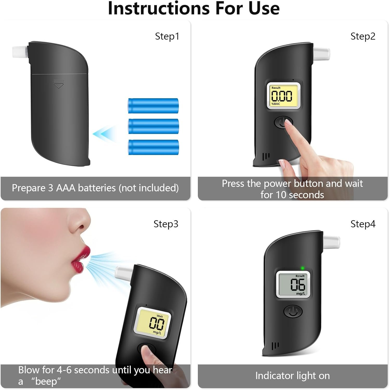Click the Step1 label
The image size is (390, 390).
point(167,36)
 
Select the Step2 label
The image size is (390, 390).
point(363,36)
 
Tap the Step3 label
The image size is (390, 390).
point(166,224)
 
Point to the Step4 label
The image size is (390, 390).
point(363,224)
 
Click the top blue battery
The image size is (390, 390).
point(153,106)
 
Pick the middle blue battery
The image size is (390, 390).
point(153,126)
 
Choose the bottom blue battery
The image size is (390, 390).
point(153,147)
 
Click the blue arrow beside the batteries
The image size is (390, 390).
point(104,134)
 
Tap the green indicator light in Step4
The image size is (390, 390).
point(302,268)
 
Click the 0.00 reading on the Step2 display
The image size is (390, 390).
point(282,96)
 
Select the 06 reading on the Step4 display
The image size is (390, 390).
point(298,284)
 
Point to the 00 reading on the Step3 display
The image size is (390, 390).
point(157,324)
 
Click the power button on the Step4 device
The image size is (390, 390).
point(293,311)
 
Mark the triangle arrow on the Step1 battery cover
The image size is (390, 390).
point(58,84)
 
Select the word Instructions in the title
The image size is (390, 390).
point(159,8)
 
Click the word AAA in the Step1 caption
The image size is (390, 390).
point(66,188)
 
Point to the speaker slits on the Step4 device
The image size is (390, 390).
point(275,346)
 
